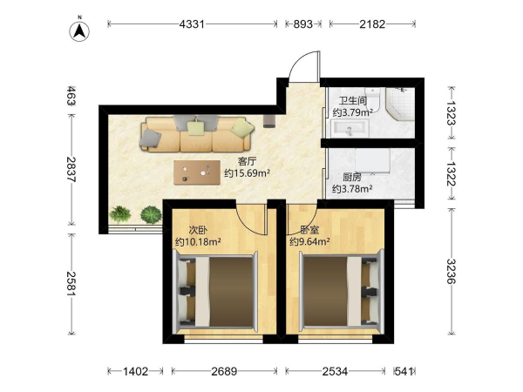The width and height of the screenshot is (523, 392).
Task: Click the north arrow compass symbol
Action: [x=79, y=31]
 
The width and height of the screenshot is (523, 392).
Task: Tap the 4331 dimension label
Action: [x=192, y=24]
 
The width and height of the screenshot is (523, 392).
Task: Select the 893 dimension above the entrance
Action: [x=302, y=24]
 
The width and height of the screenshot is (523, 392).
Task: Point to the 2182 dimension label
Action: [x=372, y=24]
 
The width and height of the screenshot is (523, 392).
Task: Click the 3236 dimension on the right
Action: [x=451, y=271]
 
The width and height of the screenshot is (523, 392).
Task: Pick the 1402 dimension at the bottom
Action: [x=135, y=371]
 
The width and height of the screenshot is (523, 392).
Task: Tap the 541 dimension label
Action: [x=404, y=371]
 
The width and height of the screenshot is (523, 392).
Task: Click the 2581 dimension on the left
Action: [x=71, y=284]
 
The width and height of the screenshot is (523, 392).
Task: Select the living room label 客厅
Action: [x=248, y=162]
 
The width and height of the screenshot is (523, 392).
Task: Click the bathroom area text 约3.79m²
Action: [x=352, y=112]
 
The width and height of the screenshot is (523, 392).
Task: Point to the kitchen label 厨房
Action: [x=352, y=178]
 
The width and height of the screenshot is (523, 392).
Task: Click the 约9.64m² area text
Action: [x=309, y=241]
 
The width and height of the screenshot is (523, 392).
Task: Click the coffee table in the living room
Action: [x=197, y=172]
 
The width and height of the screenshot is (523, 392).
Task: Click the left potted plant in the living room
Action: [x=119, y=214]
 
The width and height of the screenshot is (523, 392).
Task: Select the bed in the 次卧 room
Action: [x=215, y=293]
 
